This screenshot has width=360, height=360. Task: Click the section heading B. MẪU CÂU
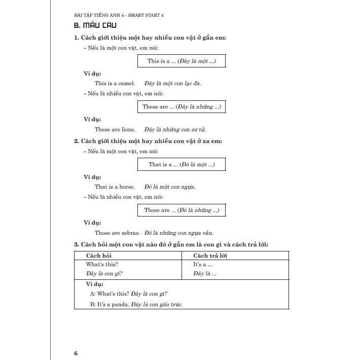pos(95,25)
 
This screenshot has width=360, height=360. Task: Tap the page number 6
pos(76,339)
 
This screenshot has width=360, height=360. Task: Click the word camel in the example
pos(127,83)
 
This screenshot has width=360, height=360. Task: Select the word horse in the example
pos(127,187)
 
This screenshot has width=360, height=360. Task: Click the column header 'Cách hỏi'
pos(99,256)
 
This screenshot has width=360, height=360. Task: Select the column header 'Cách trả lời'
pos(210,256)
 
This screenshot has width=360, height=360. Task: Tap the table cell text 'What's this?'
pos(102,264)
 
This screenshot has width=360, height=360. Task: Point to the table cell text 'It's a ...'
pos(203,264)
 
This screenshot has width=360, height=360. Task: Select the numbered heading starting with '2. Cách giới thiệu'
pos(148,141)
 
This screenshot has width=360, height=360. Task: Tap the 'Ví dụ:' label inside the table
pos(95,284)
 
